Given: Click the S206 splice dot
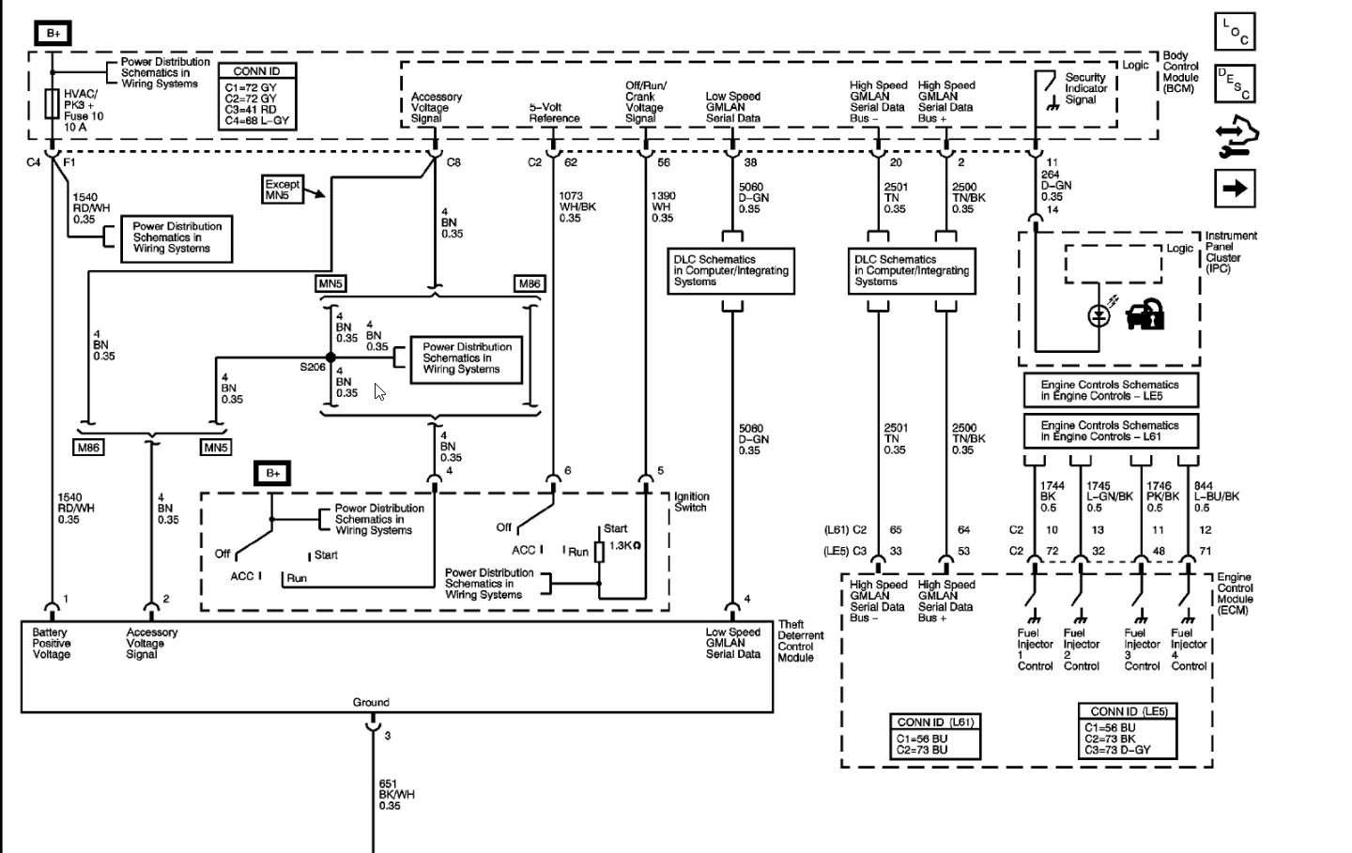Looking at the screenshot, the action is coord(330,358).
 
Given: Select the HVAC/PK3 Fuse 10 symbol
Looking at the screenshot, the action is coord(52,103).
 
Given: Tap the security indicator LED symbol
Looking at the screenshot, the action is coord(1098,315).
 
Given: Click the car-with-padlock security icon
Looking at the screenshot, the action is coord(1145,314).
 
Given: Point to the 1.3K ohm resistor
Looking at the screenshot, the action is coord(599,552).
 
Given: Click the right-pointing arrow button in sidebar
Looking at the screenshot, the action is coord(1235,189).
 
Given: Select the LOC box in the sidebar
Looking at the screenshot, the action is coord(1235,31).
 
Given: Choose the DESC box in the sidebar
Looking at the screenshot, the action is coord(1235,84).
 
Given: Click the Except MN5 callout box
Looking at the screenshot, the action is coord(283,190).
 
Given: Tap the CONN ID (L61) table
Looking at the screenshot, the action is coord(935,736).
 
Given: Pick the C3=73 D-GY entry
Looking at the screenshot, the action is coord(1117,750).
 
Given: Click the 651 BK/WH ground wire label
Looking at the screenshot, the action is coord(396,795).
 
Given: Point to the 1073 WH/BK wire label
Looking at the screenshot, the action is coord(577,206).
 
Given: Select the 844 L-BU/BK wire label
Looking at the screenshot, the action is coord(1216,496).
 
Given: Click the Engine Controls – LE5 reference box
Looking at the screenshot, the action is coord(1111,390).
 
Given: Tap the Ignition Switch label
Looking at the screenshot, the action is coord(692,502).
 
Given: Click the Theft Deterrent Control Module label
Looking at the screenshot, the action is coord(800,641).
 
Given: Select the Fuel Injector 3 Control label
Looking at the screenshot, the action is coord(1142,649).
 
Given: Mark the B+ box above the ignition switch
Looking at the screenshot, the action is coord(272,474).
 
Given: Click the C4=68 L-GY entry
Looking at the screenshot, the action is coord(257,121).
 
